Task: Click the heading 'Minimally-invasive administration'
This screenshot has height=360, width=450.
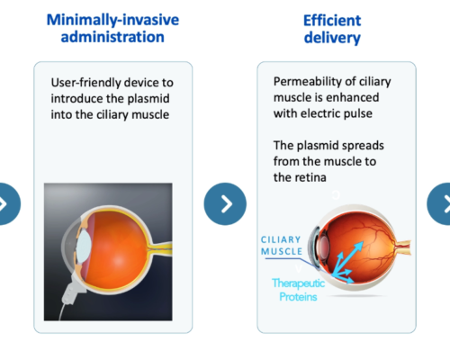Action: pos(112,29)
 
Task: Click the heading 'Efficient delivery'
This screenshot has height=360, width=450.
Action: pos(332,29)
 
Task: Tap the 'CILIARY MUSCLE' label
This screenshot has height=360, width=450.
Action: pos(281,246)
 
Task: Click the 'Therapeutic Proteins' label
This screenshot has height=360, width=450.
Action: pos(298,290)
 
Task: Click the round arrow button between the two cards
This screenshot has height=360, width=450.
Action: pos(225,204)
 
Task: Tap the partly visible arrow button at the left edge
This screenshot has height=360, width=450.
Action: pos(8,204)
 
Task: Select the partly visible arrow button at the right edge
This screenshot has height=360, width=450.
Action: pos(439,204)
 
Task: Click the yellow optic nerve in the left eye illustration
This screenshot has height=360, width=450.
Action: pos(162,248)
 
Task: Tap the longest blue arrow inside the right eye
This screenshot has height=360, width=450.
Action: pos(348,258)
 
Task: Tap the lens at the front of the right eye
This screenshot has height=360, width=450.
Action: pos(323,246)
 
